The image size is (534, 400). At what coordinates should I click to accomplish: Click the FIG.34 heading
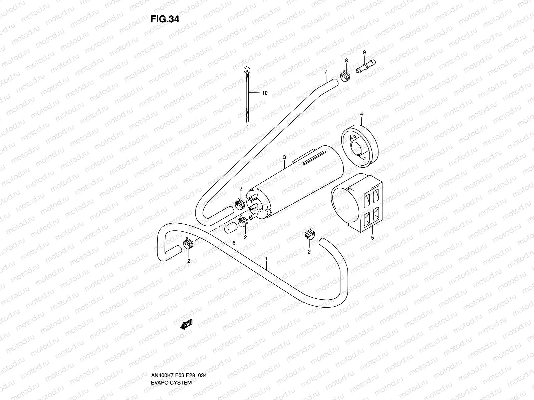pyautogui.click(x=165, y=19)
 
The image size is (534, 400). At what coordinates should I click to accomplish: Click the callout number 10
pyautogui.click(x=264, y=93)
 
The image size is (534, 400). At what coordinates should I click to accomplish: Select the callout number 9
pyautogui.click(x=364, y=52)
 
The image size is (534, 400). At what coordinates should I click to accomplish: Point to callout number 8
pyautogui.click(x=346, y=60)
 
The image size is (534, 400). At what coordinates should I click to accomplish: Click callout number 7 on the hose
pyautogui.click(x=326, y=71)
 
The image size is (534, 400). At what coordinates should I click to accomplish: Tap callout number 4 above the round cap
pyautogui.click(x=361, y=114)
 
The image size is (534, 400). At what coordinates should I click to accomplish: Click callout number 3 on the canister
pyautogui.click(x=284, y=157)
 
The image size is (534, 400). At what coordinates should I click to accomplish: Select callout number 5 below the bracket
pyautogui.click(x=372, y=238)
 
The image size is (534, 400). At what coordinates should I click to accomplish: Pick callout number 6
pyautogui.click(x=234, y=243)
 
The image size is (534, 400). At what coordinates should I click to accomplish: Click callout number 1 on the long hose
pyautogui.click(x=266, y=258)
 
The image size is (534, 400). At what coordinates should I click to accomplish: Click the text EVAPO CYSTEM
pyautogui.click(x=171, y=364)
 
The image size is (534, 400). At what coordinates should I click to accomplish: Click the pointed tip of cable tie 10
pyautogui.click(x=247, y=124)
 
